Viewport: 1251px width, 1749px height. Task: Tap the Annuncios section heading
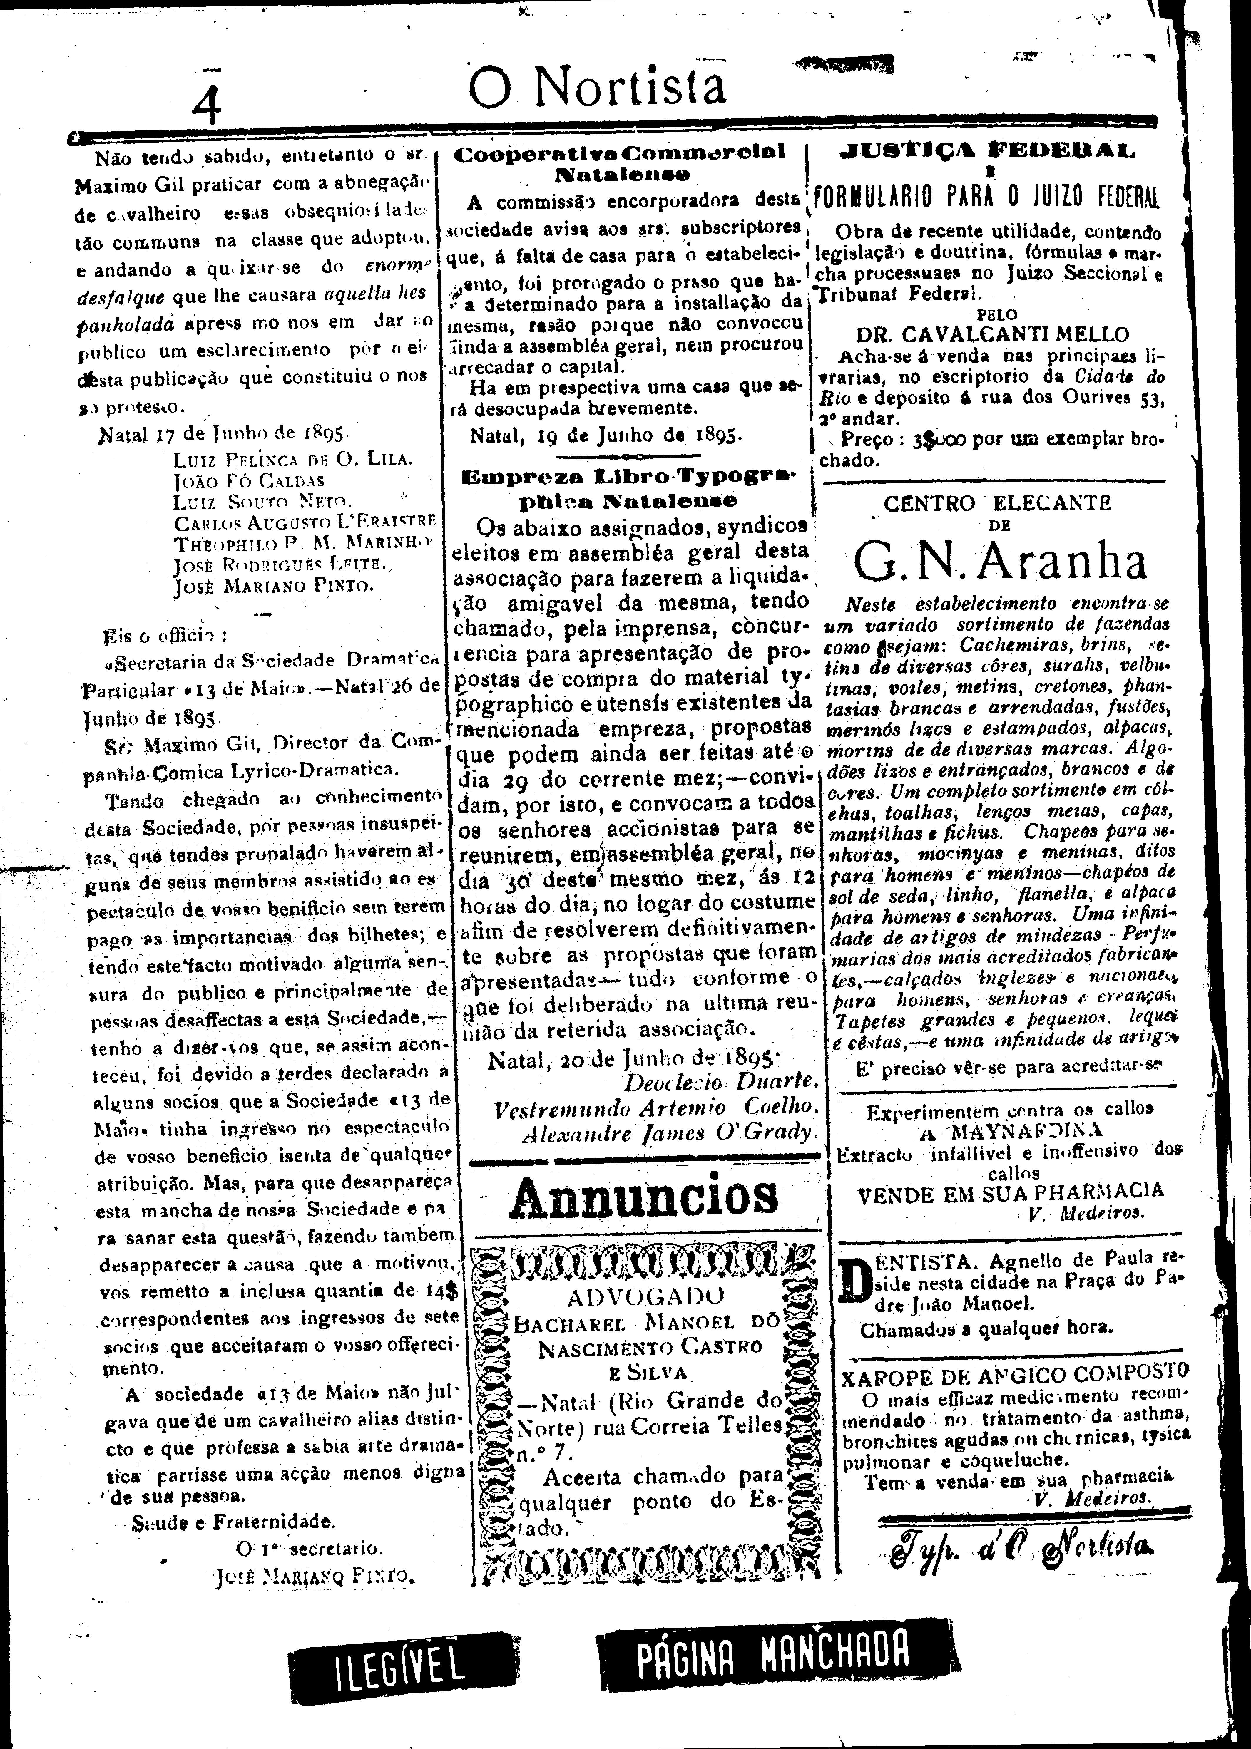click(x=644, y=1197)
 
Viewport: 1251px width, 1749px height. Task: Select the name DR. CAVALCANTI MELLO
click(x=992, y=334)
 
